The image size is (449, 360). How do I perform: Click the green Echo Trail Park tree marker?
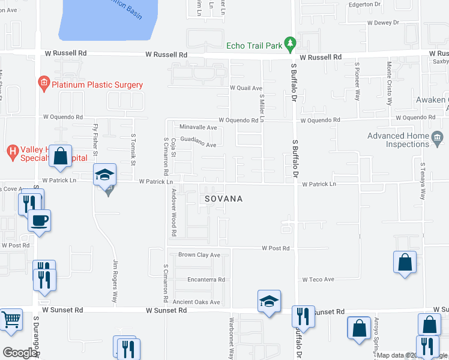tap(291, 43)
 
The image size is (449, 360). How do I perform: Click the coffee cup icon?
tap(40, 220)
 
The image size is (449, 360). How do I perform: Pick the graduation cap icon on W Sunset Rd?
tap(269, 301)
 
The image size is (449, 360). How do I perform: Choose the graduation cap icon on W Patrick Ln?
tap(104, 175)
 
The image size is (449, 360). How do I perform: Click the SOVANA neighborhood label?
tap(223, 199)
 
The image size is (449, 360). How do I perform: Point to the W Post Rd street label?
tap(276, 248)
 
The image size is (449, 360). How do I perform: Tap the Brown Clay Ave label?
tap(199, 255)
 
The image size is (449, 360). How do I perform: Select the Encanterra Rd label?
tap(205, 280)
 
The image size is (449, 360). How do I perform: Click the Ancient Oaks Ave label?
tap(196, 302)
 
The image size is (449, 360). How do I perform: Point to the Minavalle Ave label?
tap(198, 127)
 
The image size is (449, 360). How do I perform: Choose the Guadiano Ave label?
tap(198, 145)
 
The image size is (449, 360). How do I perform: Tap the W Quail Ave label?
tap(246, 88)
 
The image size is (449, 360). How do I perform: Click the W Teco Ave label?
tap(318, 280)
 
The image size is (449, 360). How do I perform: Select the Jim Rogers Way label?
tap(115, 275)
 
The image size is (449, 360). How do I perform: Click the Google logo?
tap(20, 352)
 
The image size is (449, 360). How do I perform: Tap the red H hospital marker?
tap(12, 150)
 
